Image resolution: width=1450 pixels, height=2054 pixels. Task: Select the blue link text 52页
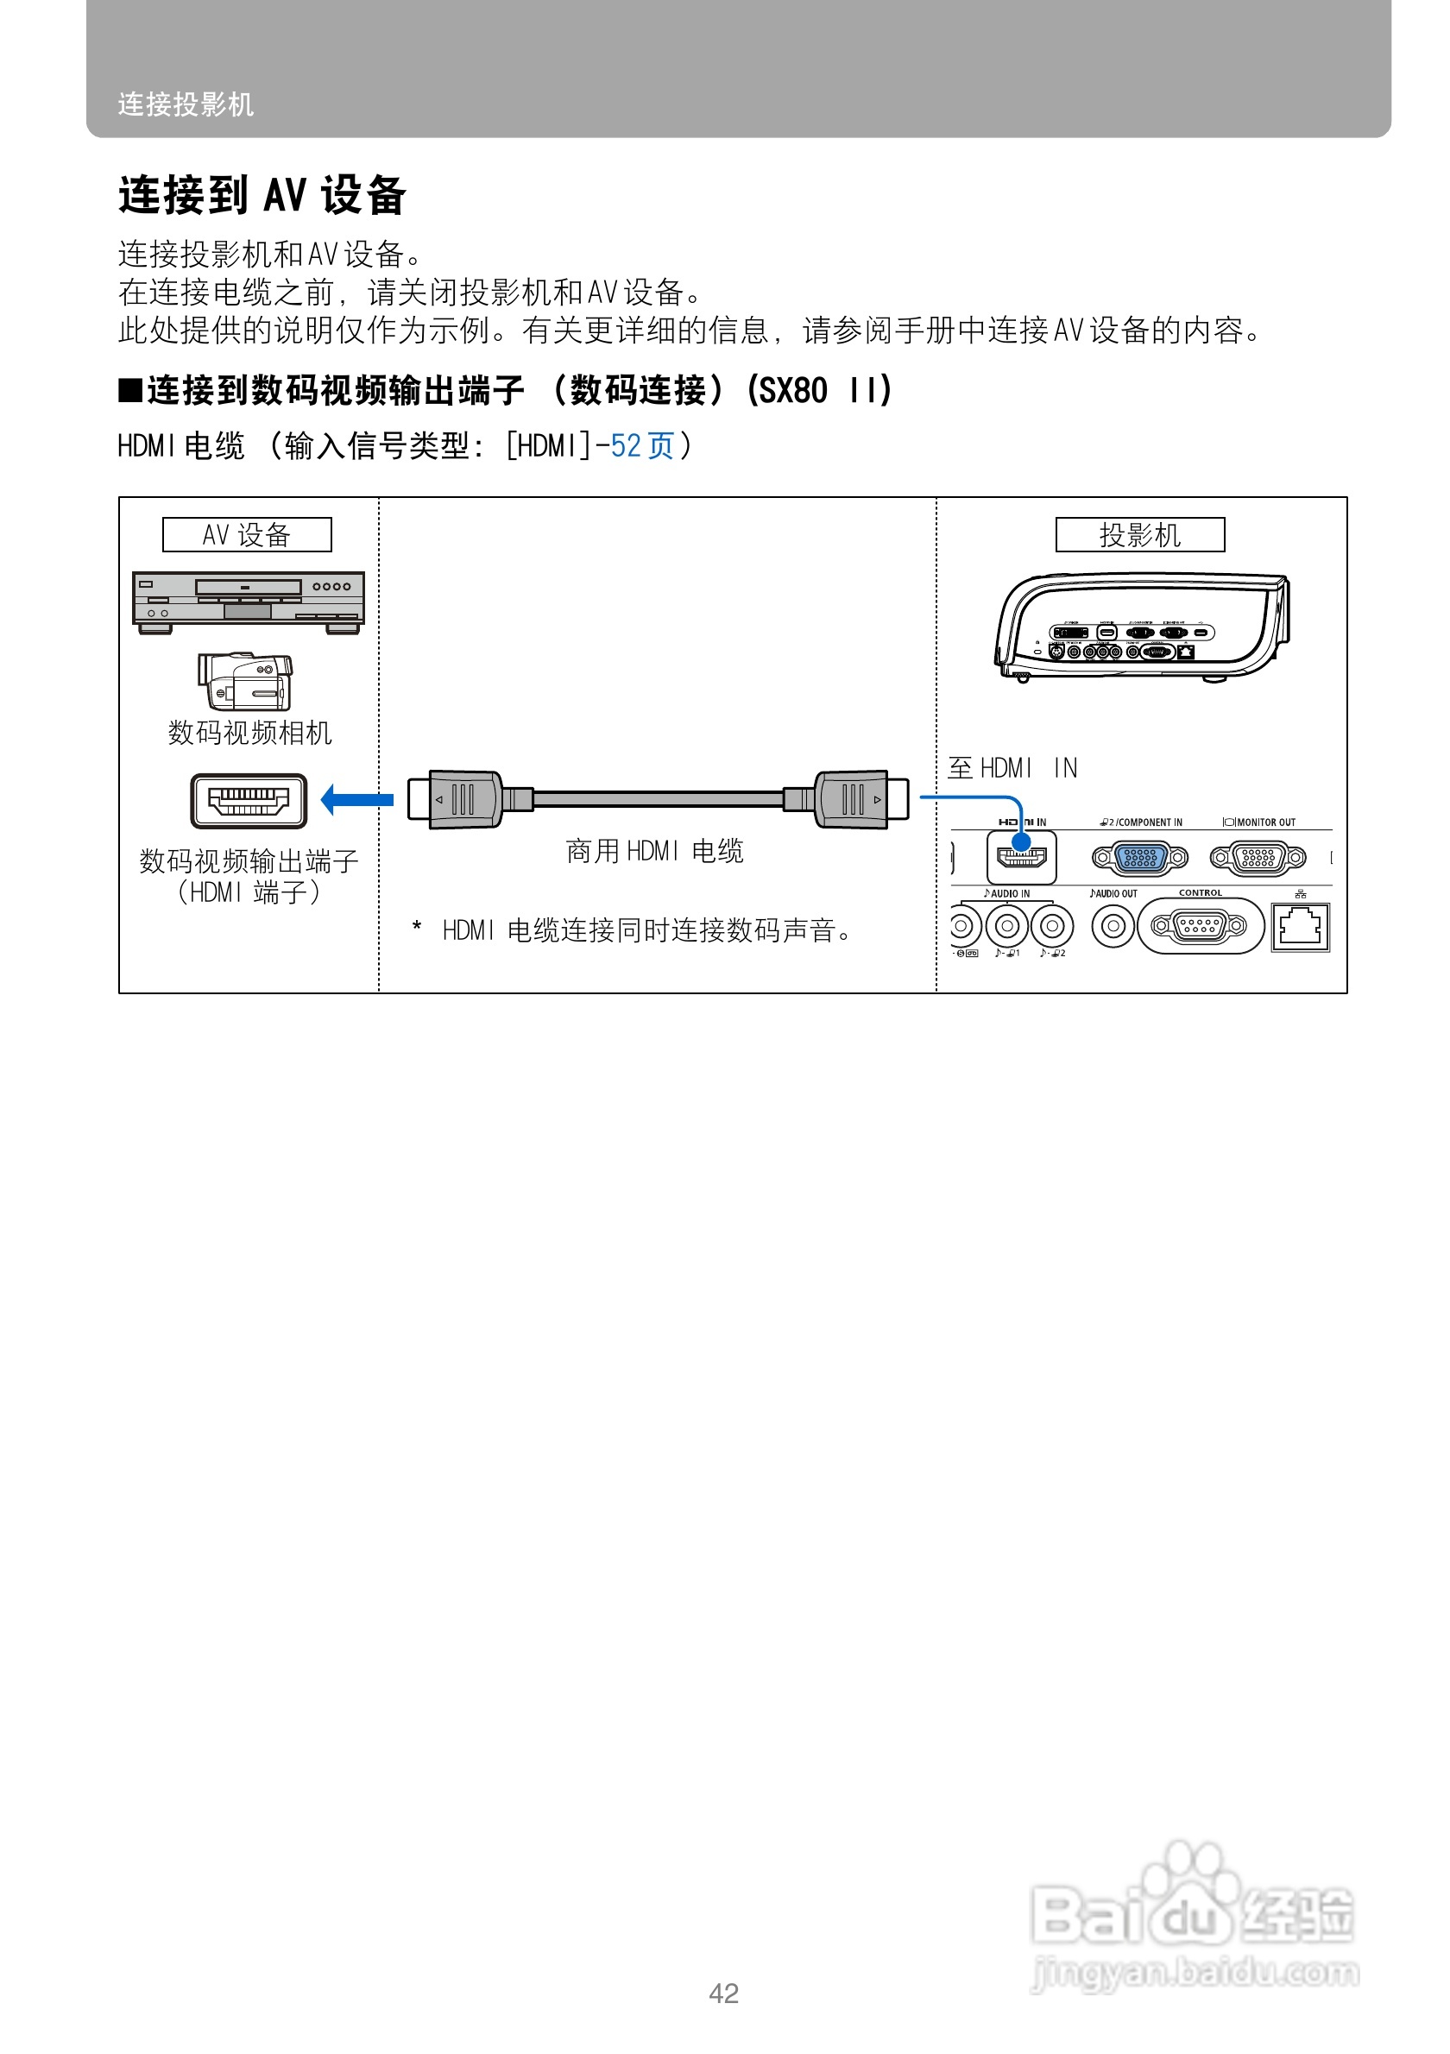pos(641,445)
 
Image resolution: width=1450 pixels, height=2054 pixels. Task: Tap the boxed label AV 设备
pos(247,535)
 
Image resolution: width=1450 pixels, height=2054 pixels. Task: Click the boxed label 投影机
pos(1138,535)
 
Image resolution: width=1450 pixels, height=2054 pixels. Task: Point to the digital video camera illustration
pos(245,682)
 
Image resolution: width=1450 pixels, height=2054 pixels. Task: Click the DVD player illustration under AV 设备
pos(248,602)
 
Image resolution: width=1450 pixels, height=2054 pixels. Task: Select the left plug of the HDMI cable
pos(457,799)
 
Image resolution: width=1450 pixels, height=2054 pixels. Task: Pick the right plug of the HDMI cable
pos(860,799)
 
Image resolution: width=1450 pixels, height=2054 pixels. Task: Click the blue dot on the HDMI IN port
pos(1021,841)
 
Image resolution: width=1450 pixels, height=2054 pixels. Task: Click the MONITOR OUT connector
pos(1258,858)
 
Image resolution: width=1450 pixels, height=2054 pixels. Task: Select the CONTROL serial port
pos(1199,926)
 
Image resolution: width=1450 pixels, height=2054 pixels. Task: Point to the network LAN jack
pos(1300,927)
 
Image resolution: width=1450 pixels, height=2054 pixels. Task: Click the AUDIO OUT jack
pos(1113,926)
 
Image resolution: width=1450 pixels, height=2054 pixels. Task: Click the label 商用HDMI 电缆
pos(654,851)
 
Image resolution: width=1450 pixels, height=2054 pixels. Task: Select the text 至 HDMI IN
pos(1012,767)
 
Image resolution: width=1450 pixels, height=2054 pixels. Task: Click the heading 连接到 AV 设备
pos(262,195)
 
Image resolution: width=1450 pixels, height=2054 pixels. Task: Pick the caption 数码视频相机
pos(249,733)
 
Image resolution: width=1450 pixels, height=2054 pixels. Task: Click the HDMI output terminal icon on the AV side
pos(249,801)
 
